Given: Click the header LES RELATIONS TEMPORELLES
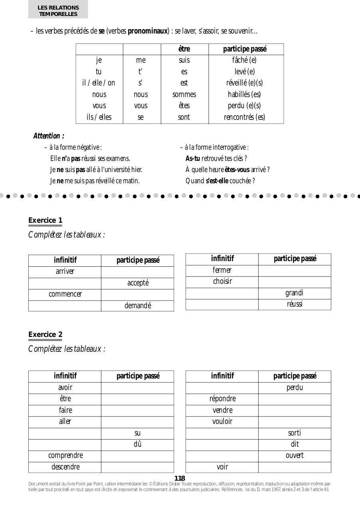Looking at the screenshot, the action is (58, 11).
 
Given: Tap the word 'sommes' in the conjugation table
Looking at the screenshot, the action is (184, 95).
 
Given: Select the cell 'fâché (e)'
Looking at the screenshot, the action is (244, 60).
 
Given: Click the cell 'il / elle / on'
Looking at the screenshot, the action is (99, 83).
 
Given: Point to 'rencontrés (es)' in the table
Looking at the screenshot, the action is (244, 117).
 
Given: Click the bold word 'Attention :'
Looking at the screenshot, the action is (49, 136).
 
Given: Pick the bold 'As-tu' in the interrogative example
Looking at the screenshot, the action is (193, 158).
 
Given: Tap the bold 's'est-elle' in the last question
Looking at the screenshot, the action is (217, 181).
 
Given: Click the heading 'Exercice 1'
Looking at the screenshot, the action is (45, 220).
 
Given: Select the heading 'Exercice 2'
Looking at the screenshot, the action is (45, 335).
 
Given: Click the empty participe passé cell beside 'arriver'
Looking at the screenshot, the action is (137, 272).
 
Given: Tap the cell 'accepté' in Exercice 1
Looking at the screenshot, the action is (138, 283).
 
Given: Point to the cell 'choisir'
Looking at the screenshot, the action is (222, 281).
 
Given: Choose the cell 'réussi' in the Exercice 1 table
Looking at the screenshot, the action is (295, 304).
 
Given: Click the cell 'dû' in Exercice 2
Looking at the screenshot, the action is (138, 444).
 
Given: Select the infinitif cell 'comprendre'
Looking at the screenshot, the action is (65, 456).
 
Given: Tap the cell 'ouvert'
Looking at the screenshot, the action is (295, 456).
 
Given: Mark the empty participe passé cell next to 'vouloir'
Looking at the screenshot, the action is (295, 422).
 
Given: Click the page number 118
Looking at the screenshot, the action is (180, 478).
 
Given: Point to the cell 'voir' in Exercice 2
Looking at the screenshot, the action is (222, 467).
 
